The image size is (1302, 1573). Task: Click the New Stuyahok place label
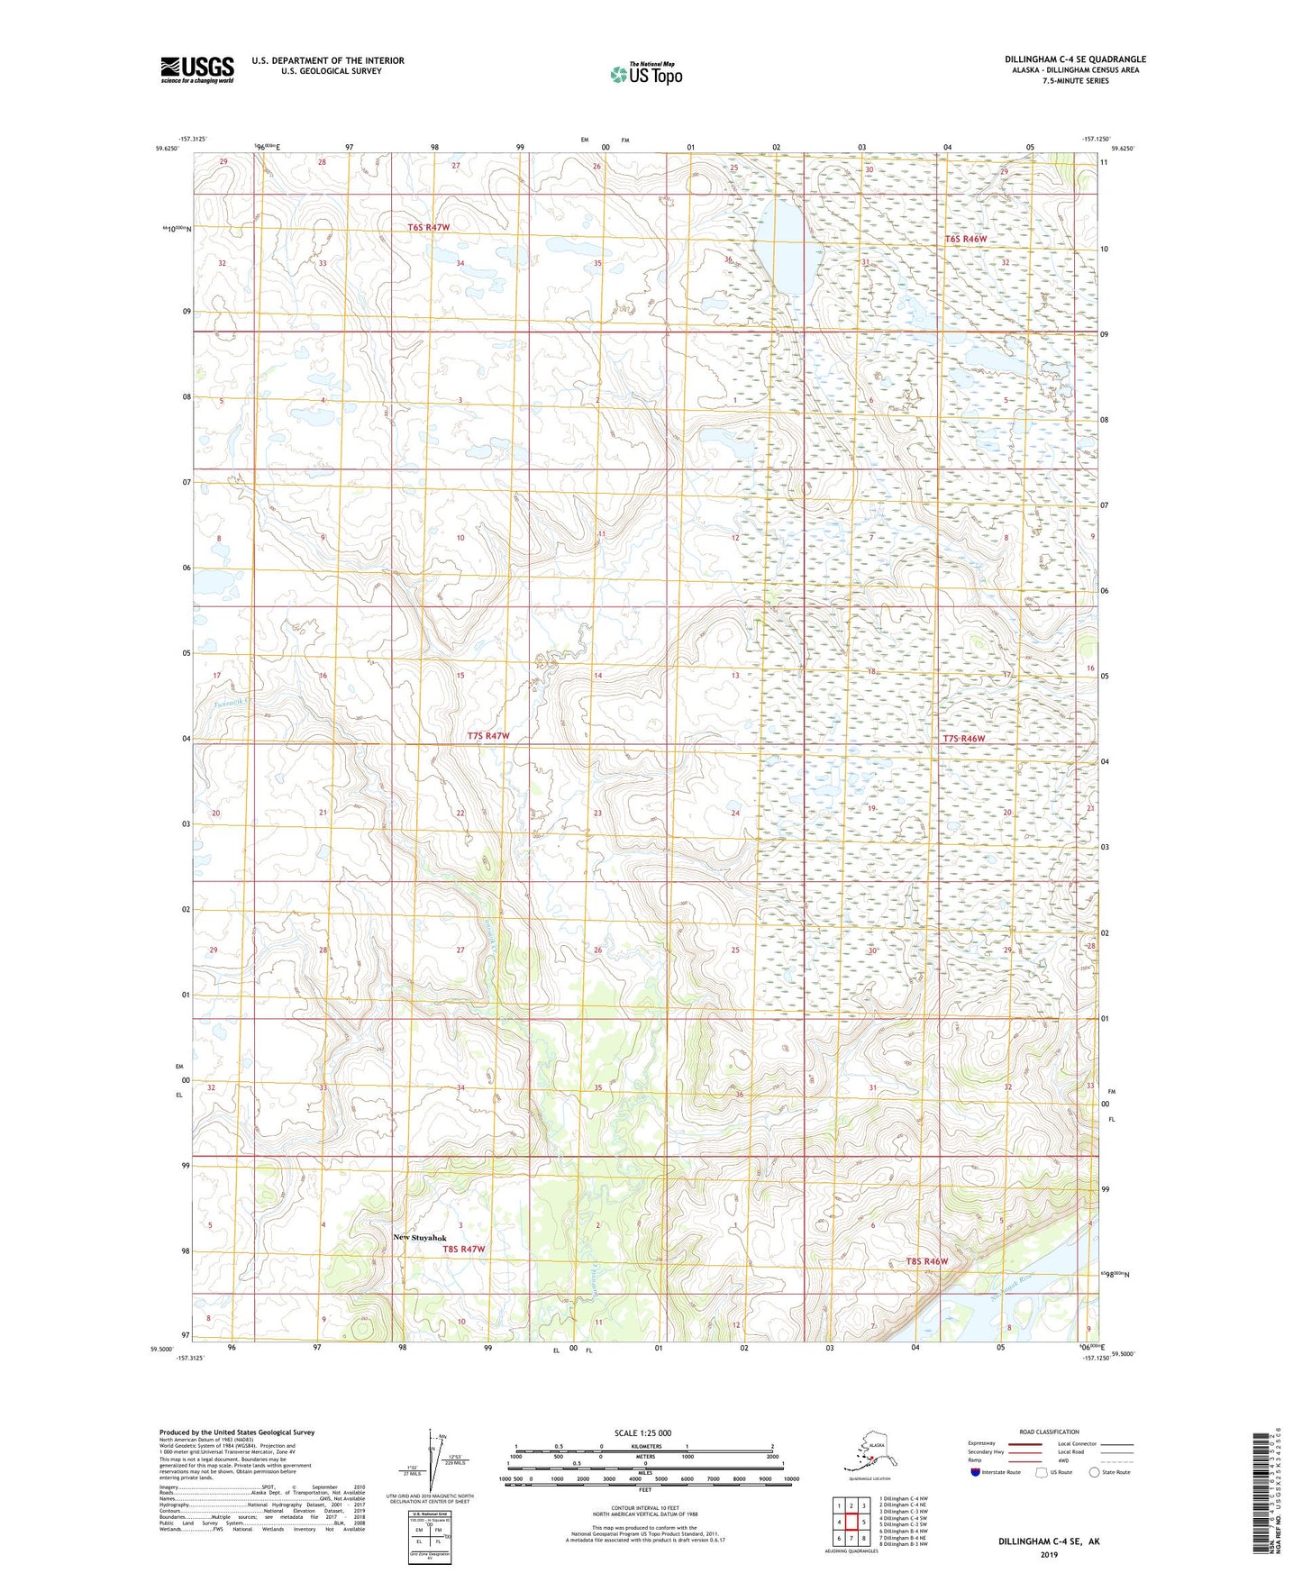pos(419,1237)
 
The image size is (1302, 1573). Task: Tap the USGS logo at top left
pos(197,69)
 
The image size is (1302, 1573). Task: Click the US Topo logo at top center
pos(645,74)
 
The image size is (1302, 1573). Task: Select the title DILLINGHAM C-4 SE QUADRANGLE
pos(1075,59)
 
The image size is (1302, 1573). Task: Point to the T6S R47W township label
pos(427,228)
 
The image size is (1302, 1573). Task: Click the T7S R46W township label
pos(964,739)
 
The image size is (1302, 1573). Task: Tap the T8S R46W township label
pos(926,1261)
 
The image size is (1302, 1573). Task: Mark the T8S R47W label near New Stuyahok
pos(463,1249)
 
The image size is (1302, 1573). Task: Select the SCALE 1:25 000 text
pos(643,1433)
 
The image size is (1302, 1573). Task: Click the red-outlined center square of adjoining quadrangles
pos(851,1523)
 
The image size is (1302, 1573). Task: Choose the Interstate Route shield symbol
pos(975,1472)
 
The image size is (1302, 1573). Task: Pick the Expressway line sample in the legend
pos(1023,1443)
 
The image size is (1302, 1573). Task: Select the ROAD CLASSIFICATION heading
pos(1049,1432)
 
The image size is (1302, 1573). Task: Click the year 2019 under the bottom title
pos(1048,1554)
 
